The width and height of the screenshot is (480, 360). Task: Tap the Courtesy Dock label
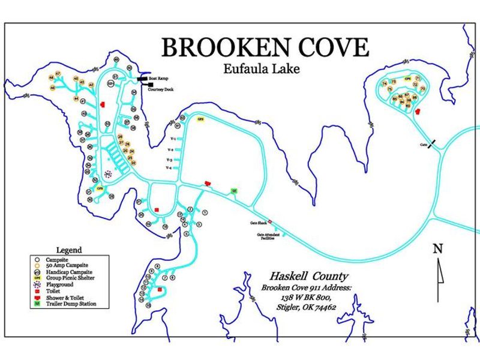161,89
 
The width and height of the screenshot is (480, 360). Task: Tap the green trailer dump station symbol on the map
234,191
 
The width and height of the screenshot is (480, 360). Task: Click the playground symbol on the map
108,174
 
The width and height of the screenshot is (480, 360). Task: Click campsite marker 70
422,89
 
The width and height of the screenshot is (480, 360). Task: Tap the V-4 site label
170,168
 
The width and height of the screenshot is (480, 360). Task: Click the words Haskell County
308,277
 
